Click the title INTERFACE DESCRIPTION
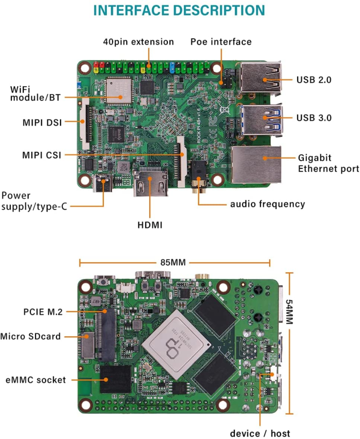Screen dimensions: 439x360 pyautogui.click(x=179, y=10)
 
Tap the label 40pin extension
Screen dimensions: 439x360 pyautogui.click(x=138, y=42)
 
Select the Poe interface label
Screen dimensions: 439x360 pyautogui.click(x=221, y=42)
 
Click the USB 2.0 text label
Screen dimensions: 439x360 pyautogui.click(x=314, y=80)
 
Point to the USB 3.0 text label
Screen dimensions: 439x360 pyautogui.click(x=314, y=117)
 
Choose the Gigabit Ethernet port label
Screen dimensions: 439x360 pyautogui.click(x=328, y=163)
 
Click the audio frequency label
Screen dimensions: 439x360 pyautogui.click(x=268, y=204)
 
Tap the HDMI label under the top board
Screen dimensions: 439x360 pyautogui.click(x=150, y=225)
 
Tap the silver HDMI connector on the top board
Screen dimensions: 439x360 pyautogui.click(x=150, y=182)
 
